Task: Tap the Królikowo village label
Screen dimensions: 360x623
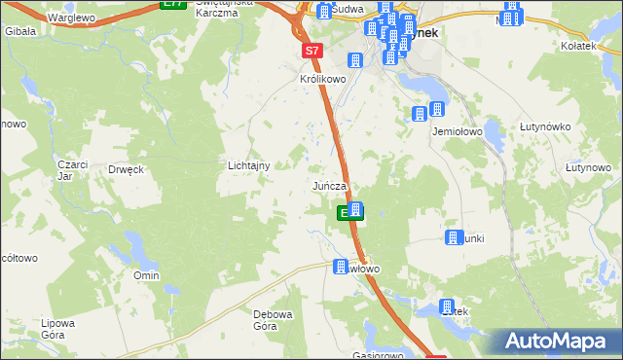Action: point(323,80)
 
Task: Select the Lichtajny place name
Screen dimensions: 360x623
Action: point(248,166)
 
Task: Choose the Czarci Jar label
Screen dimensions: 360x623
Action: point(65,170)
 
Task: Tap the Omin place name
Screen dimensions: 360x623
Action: point(147,275)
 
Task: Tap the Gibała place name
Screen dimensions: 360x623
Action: point(20,31)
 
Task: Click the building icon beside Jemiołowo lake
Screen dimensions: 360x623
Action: point(420,114)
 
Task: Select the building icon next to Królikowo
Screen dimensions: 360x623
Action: point(355,60)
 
